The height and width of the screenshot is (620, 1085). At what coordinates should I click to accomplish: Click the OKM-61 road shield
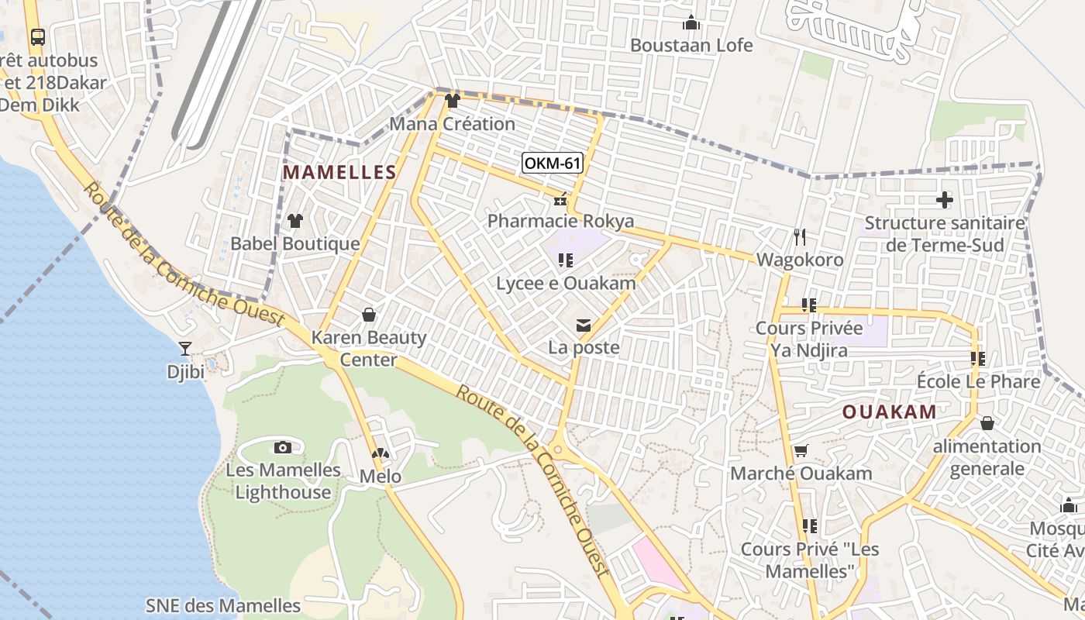point(553,163)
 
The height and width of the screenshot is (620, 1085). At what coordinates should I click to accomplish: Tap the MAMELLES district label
point(339,172)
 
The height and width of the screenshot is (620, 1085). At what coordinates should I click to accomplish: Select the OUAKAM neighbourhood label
point(890,412)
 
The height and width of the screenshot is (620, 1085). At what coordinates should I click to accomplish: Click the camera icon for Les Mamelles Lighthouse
point(283,447)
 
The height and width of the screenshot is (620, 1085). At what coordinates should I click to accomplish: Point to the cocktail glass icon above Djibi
point(185,349)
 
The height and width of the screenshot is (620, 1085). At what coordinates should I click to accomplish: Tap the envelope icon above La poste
point(584,325)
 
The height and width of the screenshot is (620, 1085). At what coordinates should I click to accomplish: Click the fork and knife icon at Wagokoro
point(800,236)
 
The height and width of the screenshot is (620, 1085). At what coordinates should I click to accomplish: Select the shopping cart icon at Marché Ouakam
point(801,450)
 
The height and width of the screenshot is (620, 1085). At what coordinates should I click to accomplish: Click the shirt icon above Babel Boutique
point(294,221)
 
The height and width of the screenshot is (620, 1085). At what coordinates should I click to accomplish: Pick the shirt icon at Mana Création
point(453,100)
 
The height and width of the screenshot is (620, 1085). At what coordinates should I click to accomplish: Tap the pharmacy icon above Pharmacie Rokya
point(560,201)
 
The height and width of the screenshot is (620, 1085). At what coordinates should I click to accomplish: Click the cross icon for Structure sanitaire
point(944,200)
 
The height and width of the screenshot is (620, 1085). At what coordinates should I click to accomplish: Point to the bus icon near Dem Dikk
point(37,36)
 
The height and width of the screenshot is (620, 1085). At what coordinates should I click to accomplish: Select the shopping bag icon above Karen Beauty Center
point(369,315)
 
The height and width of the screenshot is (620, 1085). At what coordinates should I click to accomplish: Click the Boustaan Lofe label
point(691,45)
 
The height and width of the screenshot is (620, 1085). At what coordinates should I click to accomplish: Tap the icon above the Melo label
point(380,454)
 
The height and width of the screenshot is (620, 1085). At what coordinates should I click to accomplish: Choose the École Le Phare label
point(978,381)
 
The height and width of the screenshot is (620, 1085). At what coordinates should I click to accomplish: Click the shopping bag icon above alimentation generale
point(987,423)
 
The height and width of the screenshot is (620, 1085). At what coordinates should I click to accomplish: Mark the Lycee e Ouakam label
point(566,283)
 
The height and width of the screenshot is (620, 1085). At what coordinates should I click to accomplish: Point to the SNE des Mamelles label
point(223,605)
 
